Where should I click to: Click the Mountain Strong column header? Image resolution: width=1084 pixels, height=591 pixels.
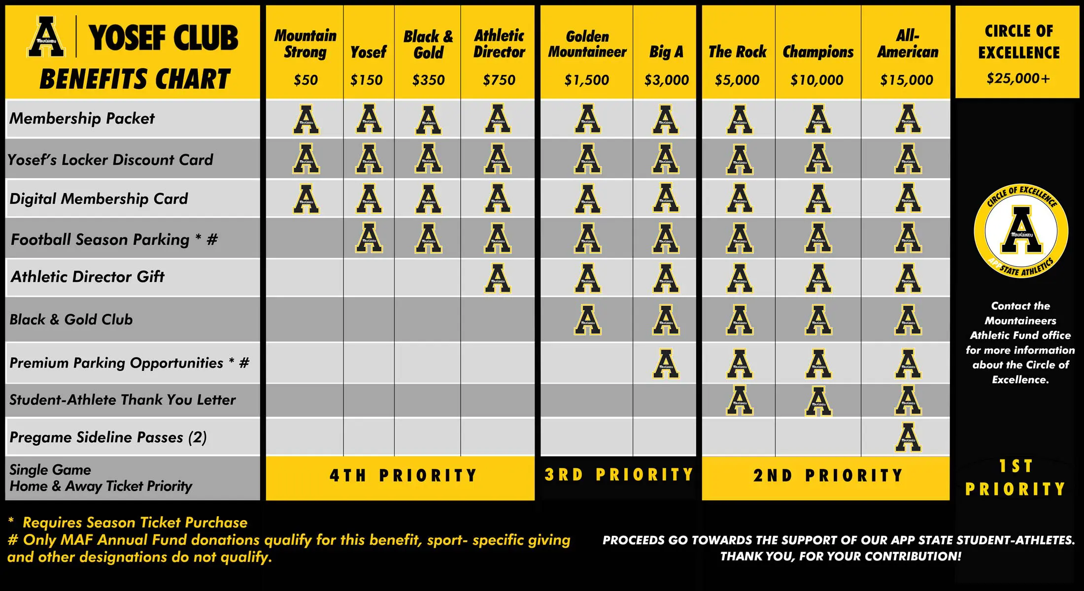click(305, 43)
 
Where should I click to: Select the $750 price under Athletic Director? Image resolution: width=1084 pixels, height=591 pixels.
click(499, 80)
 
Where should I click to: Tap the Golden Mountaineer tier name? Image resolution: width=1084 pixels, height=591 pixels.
click(587, 44)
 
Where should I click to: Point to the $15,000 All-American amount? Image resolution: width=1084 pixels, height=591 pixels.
click(907, 80)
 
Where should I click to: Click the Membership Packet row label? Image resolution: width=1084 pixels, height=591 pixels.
click(82, 119)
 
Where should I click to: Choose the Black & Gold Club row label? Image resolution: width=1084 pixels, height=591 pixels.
click(71, 320)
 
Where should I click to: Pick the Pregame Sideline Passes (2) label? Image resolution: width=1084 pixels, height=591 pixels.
click(108, 437)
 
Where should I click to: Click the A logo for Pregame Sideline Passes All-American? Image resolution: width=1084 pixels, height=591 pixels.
click(908, 437)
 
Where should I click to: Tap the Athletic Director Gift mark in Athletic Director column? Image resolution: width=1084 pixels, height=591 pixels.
click(498, 278)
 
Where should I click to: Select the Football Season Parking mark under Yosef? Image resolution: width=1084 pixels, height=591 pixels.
click(369, 238)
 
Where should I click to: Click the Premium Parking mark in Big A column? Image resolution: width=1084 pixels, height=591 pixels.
click(666, 364)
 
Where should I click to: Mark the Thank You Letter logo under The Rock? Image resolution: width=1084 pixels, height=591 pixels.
click(740, 400)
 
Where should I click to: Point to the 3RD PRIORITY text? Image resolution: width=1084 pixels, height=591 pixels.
click(618, 475)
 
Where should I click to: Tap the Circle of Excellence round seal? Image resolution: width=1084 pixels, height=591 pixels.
click(1021, 231)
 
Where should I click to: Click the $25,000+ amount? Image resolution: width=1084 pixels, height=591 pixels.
click(1018, 78)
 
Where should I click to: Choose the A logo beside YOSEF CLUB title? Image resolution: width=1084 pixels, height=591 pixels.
click(46, 37)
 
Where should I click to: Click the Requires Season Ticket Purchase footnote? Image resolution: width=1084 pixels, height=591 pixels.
click(135, 523)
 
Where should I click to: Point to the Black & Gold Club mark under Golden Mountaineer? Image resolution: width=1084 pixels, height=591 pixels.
click(587, 320)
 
